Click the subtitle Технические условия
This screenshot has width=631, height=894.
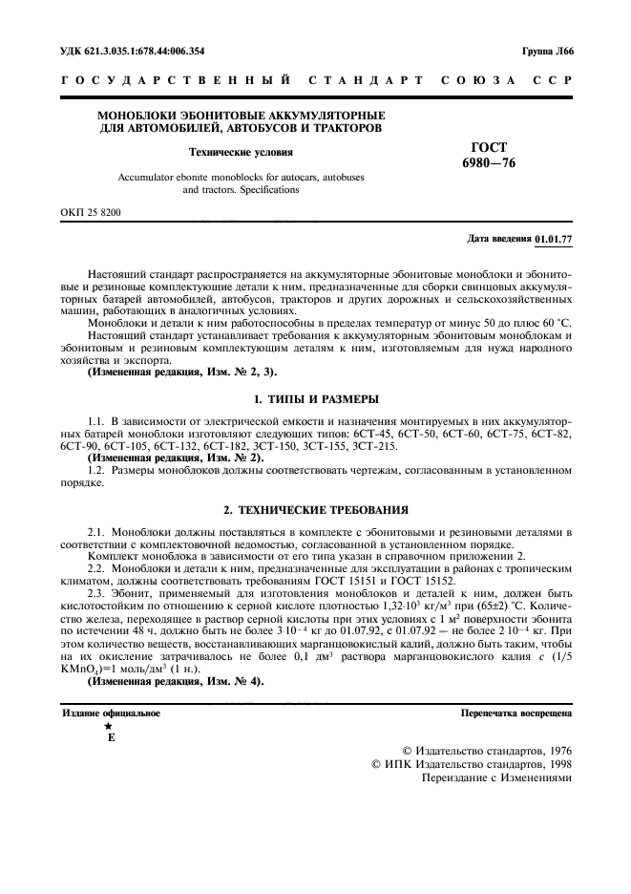pyautogui.click(x=241, y=151)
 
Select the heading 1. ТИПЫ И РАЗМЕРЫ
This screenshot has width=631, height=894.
pyautogui.click(x=315, y=398)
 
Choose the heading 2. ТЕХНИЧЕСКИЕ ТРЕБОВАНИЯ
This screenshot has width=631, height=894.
pyautogui.click(x=315, y=509)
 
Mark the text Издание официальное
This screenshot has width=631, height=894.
pyautogui.click(x=111, y=713)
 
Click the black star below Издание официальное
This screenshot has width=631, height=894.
pyautogui.click(x=108, y=726)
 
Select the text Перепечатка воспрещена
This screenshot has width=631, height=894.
pyautogui.click(x=515, y=713)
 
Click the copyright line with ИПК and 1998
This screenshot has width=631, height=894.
pyautogui.click(x=471, y=764)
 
